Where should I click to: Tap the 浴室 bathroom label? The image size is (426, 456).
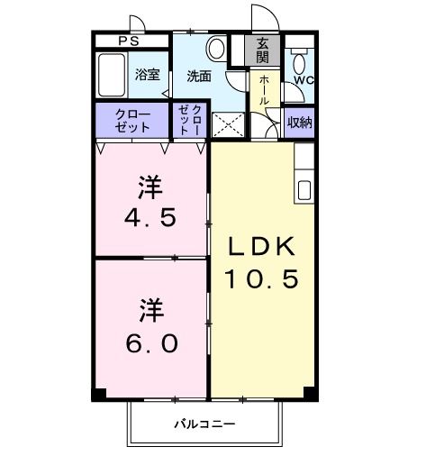click(147, 74)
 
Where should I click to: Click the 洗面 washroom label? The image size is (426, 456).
click(199, 77)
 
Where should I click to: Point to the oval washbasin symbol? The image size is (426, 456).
click(216, 49)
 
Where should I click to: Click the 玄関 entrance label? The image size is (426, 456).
click(262, 50)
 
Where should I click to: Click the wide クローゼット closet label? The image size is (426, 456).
click(131, 121)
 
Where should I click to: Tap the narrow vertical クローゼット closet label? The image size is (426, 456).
click(191, 120)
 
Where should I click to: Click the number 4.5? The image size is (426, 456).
click(150, 219)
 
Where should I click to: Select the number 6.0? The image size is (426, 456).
click(150, 343)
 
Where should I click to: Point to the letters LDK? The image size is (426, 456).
click(262, 246)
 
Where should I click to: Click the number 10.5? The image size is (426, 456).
click(262, 280)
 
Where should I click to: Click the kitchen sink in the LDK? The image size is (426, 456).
click(304, 190)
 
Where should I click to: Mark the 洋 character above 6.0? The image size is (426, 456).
click(150, 311)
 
